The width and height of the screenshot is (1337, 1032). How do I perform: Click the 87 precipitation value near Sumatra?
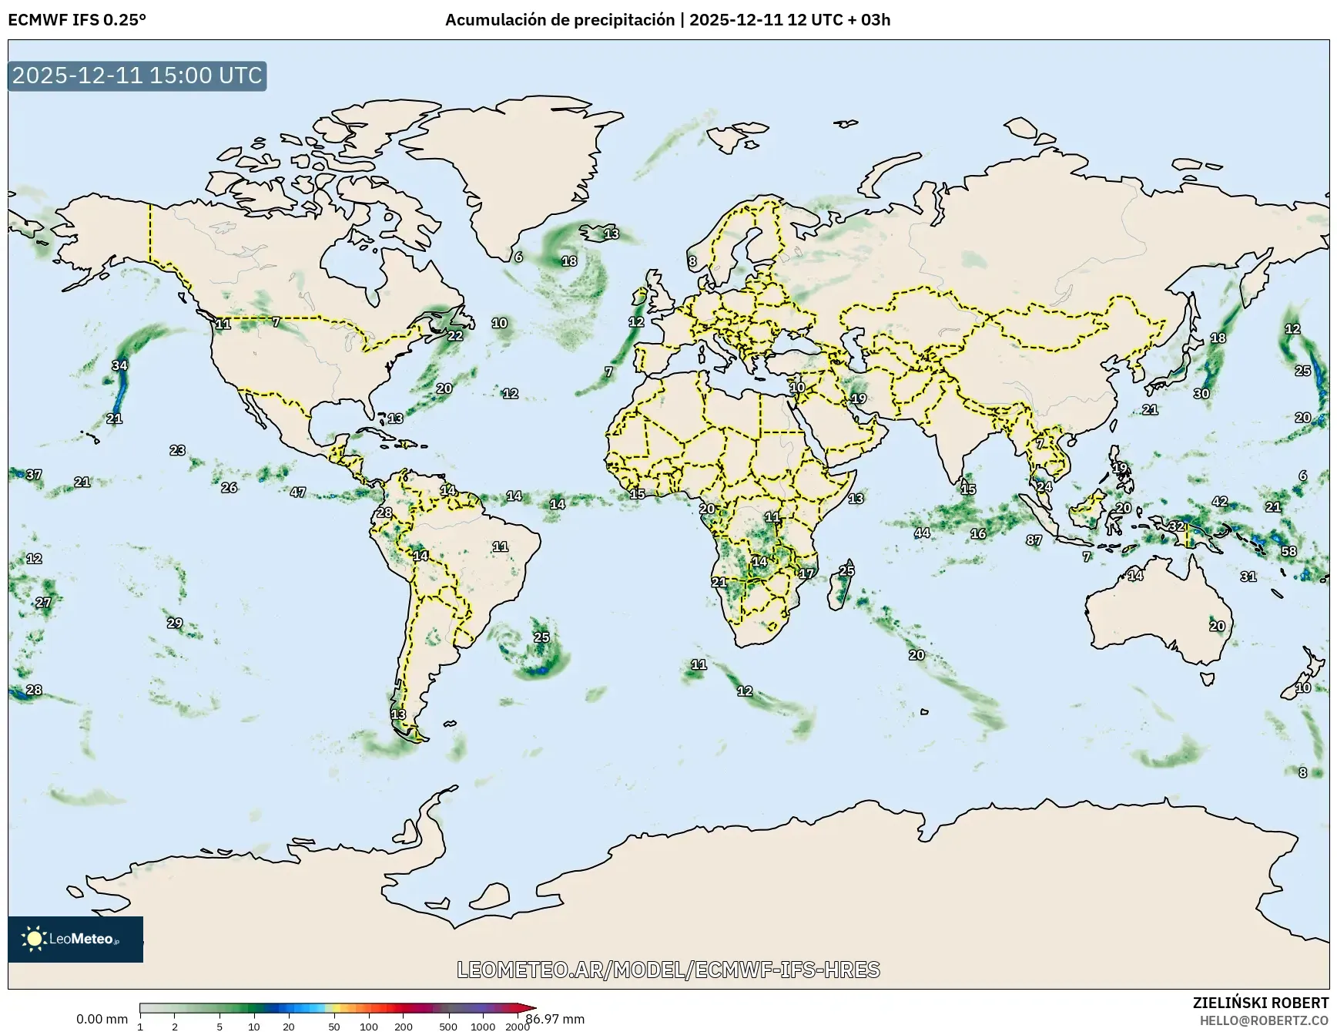(1034, 540)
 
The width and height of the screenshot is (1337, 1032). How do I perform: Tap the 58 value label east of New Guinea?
(1288, 551)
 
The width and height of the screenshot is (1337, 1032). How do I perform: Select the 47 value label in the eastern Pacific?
(298, 492)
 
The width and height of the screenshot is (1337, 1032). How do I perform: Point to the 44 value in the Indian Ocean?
(922, 533)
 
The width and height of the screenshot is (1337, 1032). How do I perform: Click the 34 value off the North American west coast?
(119, 365)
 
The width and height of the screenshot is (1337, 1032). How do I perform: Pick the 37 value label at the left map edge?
(34, 475)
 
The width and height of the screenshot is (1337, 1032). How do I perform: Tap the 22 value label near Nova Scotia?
(455, 335)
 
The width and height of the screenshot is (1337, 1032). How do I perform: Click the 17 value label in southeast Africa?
(806, 573)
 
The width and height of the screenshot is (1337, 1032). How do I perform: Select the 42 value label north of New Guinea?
(1220, 501)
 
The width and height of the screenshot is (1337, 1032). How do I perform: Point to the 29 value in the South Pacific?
(175, 623)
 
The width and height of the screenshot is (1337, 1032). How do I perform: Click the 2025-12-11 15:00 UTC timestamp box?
(137, 76)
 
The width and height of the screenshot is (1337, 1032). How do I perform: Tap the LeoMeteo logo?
(75, 939)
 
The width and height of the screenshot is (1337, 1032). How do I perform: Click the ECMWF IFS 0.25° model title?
(77, 20)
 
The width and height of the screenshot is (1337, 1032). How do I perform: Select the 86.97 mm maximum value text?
(555, 1019)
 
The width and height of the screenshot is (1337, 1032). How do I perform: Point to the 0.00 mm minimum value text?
(102, 1019)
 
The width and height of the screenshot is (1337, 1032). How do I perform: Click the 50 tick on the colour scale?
(334, 1027)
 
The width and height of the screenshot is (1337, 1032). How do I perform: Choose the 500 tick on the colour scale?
(448, 1027)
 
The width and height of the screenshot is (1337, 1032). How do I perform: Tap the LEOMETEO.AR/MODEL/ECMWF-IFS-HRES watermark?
(668, 970)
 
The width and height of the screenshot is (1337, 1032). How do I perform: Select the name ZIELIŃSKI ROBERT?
(1260, 1003)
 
